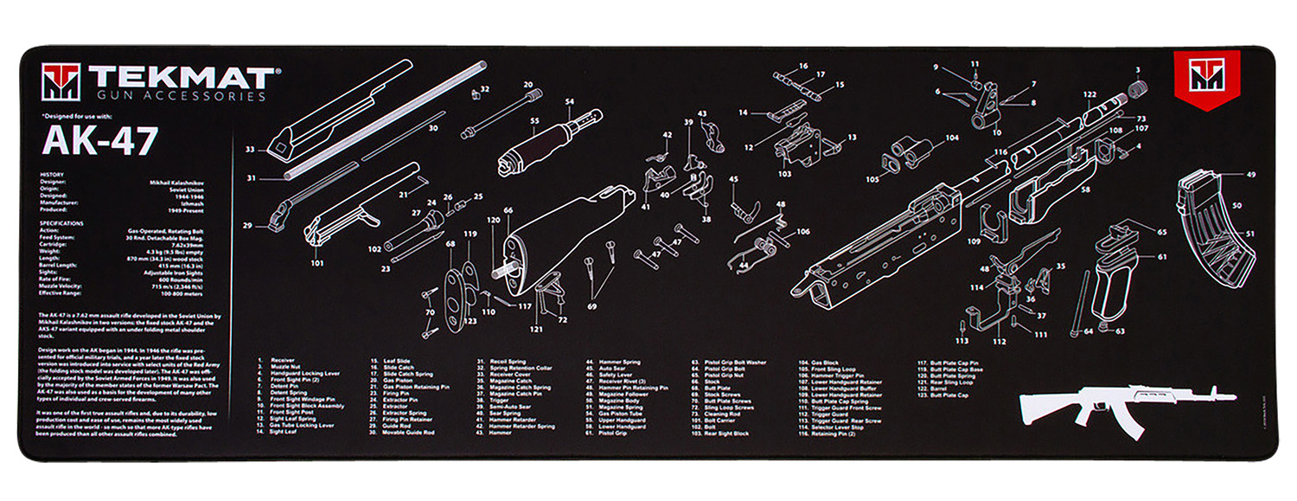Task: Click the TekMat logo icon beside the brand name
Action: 61,82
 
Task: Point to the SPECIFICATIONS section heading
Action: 62,222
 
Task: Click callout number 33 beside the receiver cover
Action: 250,150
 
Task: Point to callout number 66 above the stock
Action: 508,210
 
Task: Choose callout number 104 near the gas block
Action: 951,138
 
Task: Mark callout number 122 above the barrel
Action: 1089,94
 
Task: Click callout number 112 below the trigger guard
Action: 1000,341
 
